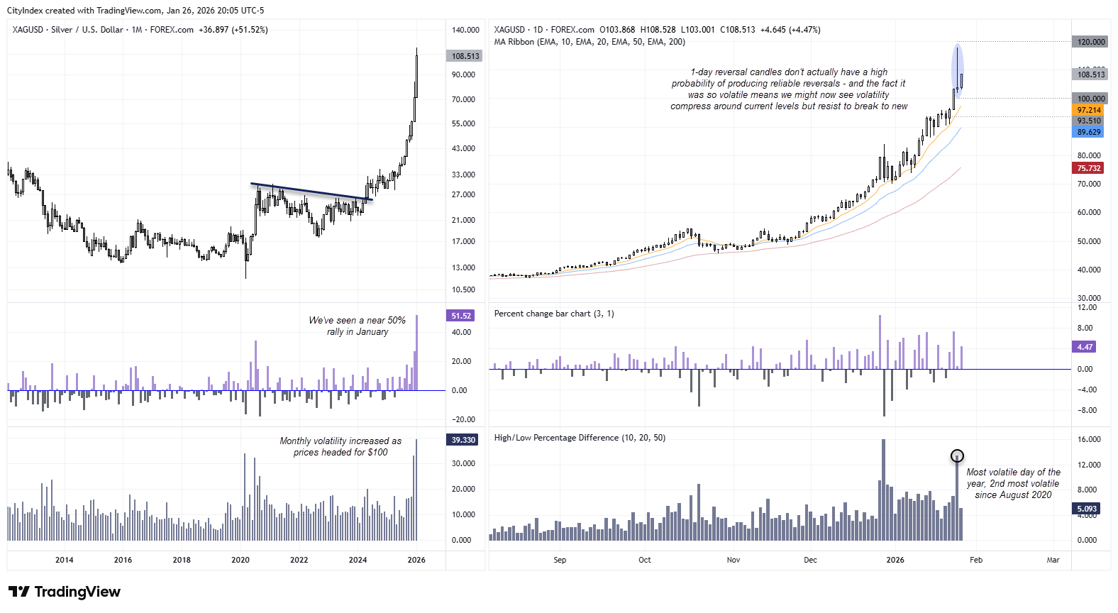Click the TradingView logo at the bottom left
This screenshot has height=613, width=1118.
[x=65, y=592]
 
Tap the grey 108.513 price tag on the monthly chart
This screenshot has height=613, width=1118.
[x=465, y=56]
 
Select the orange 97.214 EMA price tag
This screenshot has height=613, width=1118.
[x=1089, y=110]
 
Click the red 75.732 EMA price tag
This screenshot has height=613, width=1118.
[x=1089, y=168]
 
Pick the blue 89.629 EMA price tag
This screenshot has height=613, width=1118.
[x=1089, y=132]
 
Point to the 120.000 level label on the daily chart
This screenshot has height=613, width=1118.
[x=1090, y=42]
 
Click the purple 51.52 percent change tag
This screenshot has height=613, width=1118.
[x=461, y=316]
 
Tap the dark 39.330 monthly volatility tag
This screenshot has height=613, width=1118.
[x=463, y=440]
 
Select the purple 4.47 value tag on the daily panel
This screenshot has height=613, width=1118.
[x=1085, y=347]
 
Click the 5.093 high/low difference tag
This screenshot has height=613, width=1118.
[x=1087, y=509]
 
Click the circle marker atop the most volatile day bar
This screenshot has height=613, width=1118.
[x=957, y=455]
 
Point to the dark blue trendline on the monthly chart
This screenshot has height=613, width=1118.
[x=312, y=192]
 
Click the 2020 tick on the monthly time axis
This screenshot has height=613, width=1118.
[x=240, y=560]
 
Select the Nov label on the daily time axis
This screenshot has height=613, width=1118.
[x=734, y=560]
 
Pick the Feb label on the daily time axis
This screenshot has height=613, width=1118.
[x=976, y=560]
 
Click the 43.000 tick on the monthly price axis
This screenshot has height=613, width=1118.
[x=463, y=148]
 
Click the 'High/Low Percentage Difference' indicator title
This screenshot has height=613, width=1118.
[x=580, y=438]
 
